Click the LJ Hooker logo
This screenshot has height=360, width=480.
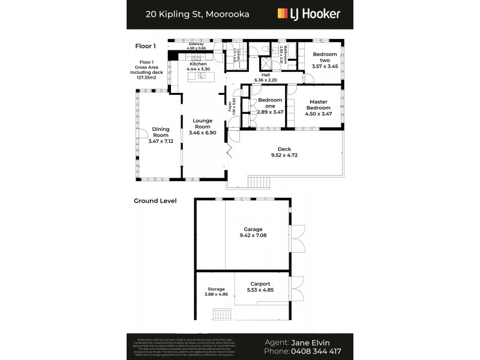(308, 14)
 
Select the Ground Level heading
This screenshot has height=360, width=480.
(155, 201)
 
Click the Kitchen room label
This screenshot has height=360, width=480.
(198, 64)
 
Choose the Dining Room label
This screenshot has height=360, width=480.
(160, 129)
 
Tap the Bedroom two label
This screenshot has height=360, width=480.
(325, 55)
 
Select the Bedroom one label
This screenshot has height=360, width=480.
(270, 100)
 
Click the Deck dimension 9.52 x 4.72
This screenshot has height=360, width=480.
(284, 155)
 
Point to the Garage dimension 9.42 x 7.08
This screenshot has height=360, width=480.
(253, 236)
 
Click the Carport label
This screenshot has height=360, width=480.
(260, 284)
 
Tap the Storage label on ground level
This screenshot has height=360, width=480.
(216, 289)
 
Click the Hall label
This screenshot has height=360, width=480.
(265, 75)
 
